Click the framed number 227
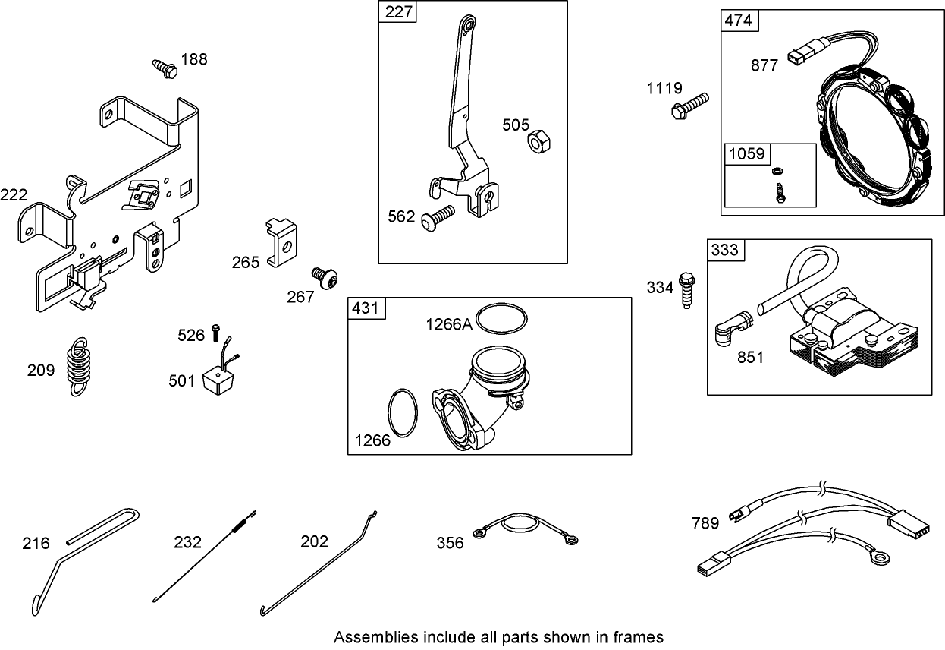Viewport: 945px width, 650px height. pyautogui.click(x=397, y=13)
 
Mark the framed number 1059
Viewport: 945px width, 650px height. pyautogui.click(x=746, y=153)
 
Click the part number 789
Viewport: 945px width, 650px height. pyautogui.click(x=705, y=523)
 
